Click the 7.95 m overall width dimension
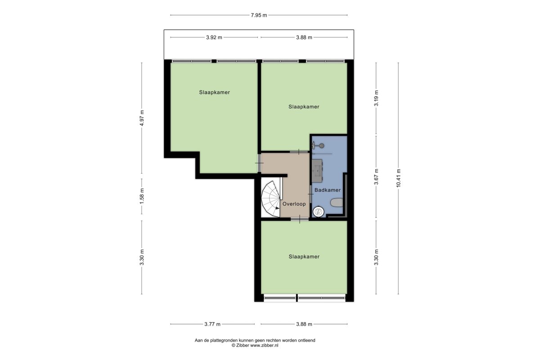(x=259, y=15)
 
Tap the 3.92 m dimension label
(x=214, y=37)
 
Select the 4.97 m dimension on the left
(x=142, y=118)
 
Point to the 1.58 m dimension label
(x=142, y=196)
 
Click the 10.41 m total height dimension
(x=398, y=178)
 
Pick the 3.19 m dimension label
(x=376, y=98)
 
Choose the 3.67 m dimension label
(x=376, y=177)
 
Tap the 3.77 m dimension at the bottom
(x=212, y=324)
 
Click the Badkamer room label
(x=328, y=190)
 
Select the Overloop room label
(x=294, y=204)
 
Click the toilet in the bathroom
(x=337, y=202)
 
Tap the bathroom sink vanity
(x=318, y=171)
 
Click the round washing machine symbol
(x=318, y=211)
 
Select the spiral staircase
(x=271, y=199)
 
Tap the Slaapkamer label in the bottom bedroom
(x=304, y=256)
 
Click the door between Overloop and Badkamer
(x=310, y=194)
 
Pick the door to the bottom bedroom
(x=300, y=219)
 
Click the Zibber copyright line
(x=255, y=345)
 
